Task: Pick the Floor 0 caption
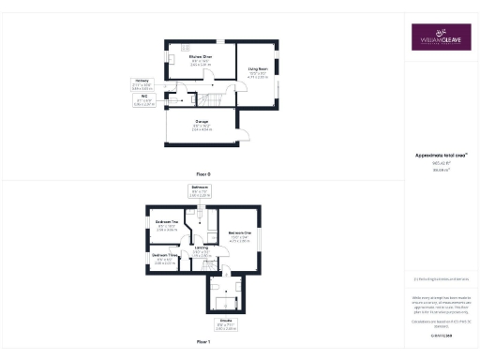203,174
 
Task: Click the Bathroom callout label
200,187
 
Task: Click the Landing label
202,247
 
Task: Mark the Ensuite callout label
226,322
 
